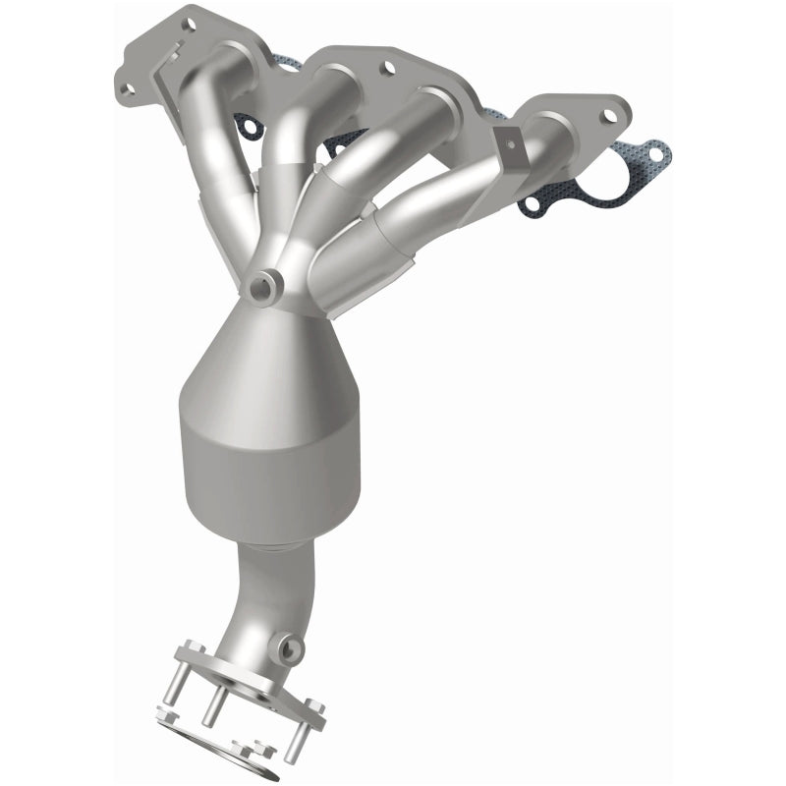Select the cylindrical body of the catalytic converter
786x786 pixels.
click(x=270, y=462)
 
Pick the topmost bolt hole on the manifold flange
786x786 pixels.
click(x=189, y=22)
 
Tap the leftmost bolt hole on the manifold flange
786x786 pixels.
click(x=126, y=89)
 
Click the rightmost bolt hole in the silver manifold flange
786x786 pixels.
click(x=608, y=116)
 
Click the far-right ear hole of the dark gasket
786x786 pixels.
click(x=650, y=156)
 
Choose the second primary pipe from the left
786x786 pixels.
click(x=285, y=147)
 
